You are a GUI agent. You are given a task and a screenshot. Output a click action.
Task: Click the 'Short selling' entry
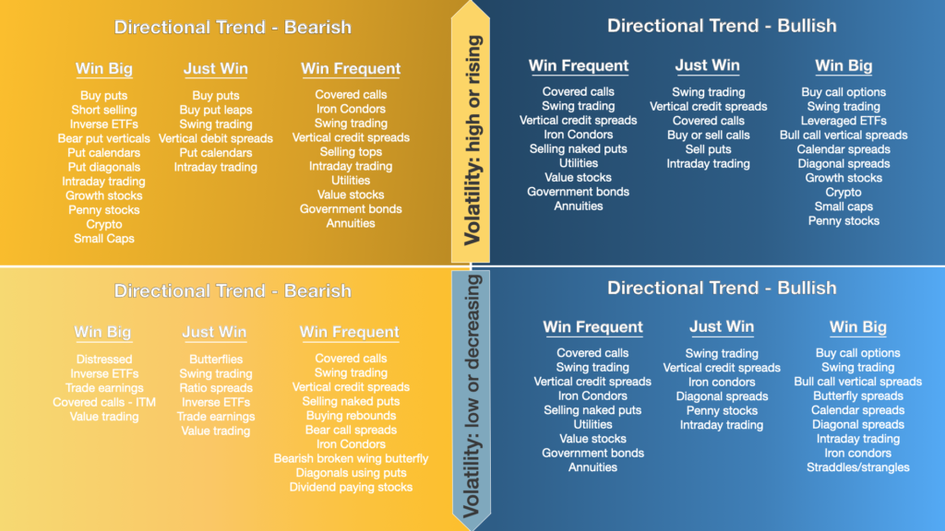click(x=103, y=110)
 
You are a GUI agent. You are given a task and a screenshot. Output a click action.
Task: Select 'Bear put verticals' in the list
click(x=103, y=138)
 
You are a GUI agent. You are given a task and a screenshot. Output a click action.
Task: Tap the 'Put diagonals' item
click(x=103, y=167)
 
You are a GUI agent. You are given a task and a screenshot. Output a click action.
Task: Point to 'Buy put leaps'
click(x=216, y=110)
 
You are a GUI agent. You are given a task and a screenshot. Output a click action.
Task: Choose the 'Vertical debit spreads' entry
click(x=216, y=138)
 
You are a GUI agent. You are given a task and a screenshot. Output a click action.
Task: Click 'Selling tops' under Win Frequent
click(x=351, y=152)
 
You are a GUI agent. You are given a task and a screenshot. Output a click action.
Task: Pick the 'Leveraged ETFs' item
click(x=843, y=121)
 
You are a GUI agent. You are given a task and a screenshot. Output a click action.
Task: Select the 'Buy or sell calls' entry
click(x=708, y=135)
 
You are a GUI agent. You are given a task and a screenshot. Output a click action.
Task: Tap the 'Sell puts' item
click(x=708, y=149)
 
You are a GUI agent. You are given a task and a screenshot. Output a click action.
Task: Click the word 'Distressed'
click(x=103, y=360)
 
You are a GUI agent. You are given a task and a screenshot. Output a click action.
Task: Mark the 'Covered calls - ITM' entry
click(x=103, y=402)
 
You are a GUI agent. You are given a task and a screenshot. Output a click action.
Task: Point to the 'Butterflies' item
click(x=216, y=360)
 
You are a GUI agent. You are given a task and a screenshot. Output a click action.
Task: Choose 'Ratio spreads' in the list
click(x=216, y=388)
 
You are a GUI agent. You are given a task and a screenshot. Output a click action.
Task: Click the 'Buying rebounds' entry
click(x=351, y=416)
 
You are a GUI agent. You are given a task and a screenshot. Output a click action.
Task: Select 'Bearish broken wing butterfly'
click(x=351, y=458)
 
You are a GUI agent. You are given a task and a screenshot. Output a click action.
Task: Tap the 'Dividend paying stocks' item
click(x=351, y=487)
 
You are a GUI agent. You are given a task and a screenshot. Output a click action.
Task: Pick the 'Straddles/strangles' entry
click(x=857, y=467)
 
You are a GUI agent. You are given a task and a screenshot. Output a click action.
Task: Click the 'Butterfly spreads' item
click(x=857, y=395)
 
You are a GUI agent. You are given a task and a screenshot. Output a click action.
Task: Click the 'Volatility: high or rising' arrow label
click(x=472, y=140)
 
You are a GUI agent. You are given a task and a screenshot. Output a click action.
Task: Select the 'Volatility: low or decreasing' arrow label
click(x=472, y=396)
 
